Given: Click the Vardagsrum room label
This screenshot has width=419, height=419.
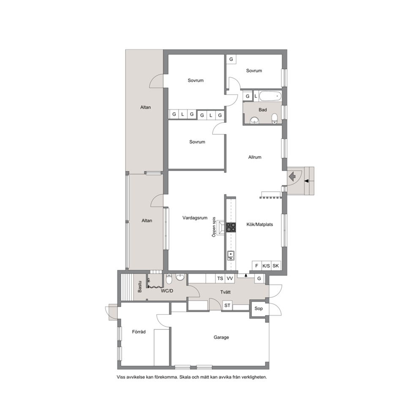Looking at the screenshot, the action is pos(195,218).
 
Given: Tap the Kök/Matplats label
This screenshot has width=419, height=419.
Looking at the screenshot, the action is pos(259,224).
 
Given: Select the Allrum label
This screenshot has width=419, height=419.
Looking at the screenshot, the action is pos(255,157).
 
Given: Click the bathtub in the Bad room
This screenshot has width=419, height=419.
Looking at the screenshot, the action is pos(270,96).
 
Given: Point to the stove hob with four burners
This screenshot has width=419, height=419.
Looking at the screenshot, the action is pos(231,227).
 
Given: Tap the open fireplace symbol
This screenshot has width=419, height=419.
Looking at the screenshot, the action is pos(221,227).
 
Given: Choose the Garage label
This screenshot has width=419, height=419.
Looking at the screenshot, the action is pos(221,337).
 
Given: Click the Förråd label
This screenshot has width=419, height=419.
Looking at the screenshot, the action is pos(139,332).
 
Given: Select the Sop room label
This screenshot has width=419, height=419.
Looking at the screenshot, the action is pos(258,308).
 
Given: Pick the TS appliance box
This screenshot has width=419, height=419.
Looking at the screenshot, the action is pos(220,278).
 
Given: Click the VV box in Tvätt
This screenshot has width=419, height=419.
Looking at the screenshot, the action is pos(230,278).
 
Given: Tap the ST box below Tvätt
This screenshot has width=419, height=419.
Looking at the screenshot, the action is pos(227,305).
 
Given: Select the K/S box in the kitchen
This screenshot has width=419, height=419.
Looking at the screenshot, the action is pos(266,266).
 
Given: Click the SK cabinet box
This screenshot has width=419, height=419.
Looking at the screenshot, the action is pos(276,266).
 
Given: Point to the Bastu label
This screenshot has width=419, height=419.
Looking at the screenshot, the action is pos(139,286).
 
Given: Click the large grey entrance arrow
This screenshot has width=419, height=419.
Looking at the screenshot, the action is pos(292,177).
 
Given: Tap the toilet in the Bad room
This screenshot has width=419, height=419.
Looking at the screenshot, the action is pos(275,119).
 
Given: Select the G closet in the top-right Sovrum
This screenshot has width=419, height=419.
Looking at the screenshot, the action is pos(231,59).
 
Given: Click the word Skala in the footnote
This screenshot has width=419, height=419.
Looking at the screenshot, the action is pos(185,377).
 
